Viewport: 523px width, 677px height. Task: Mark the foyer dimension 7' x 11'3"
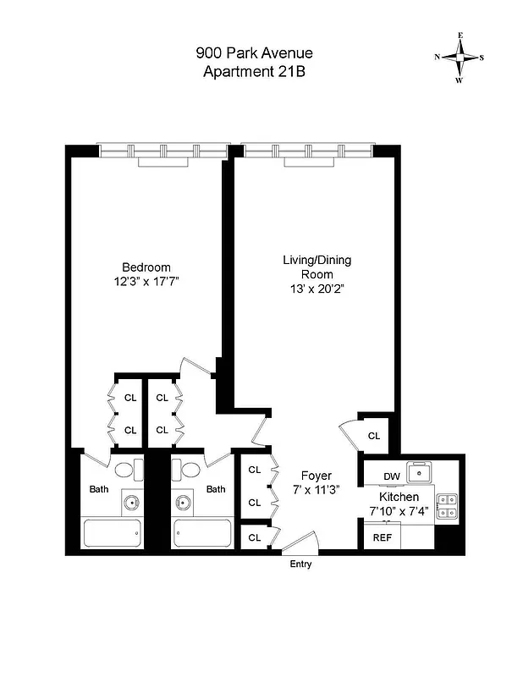[x=317, y=489]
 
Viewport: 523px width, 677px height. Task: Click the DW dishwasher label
[x=391, y=476]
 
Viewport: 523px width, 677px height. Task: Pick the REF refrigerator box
[x=382, y=537]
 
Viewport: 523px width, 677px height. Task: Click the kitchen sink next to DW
[x=419, y=471]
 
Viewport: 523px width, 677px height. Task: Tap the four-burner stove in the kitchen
[x=447, y=505]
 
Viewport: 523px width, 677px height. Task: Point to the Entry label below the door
[x=300, y=564]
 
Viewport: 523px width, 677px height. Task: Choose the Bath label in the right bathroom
[x=217, y=488]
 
